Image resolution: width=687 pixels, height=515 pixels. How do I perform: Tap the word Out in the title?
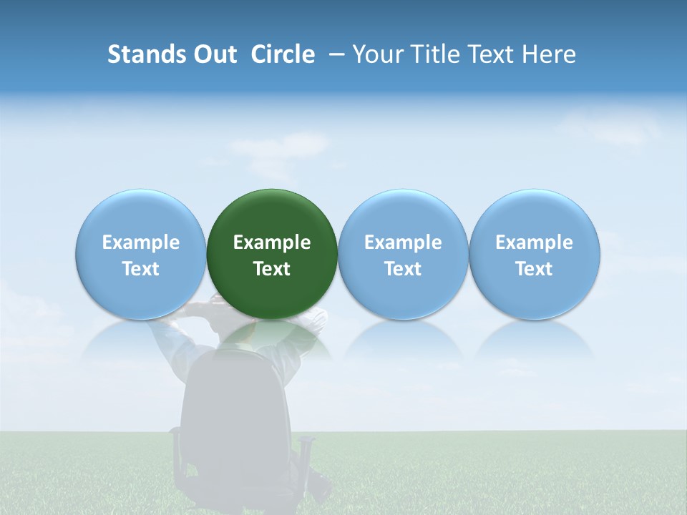click(x=214, y=54)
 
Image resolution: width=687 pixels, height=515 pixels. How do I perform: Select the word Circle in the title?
click(x=283, y=54)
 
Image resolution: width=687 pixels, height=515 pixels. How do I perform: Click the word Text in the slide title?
click(x=484, y=54)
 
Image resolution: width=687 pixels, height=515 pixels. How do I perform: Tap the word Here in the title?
click(x=547, y=54)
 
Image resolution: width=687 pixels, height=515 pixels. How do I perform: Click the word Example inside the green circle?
click(x=272, y=242)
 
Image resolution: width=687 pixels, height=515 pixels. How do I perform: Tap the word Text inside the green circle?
click(x=272, y=269)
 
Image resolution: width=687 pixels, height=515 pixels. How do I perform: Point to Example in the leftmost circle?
click(x=141, y=242)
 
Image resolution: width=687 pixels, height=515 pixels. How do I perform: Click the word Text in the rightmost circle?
click(x=535, y=269)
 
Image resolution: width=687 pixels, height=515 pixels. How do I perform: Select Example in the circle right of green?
click(x=403, y=242)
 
